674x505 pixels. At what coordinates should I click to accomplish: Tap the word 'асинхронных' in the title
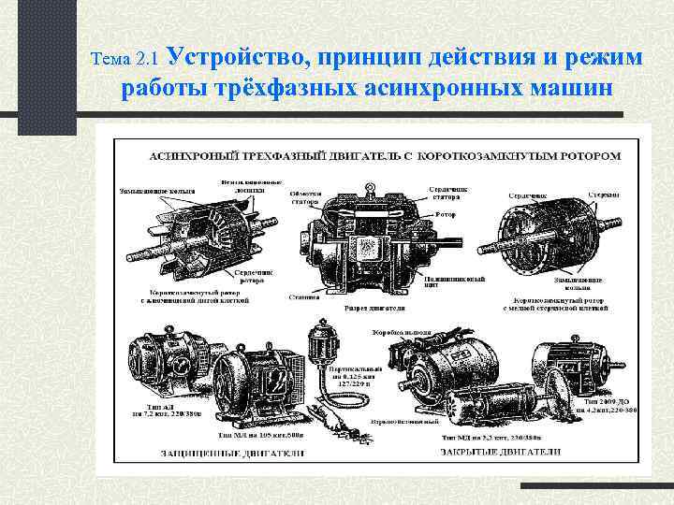(x=418, y=90)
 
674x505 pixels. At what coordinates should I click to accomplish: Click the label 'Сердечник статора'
(x=447, y=192)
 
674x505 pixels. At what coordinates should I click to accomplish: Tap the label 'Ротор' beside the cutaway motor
(x=446, y=214)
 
